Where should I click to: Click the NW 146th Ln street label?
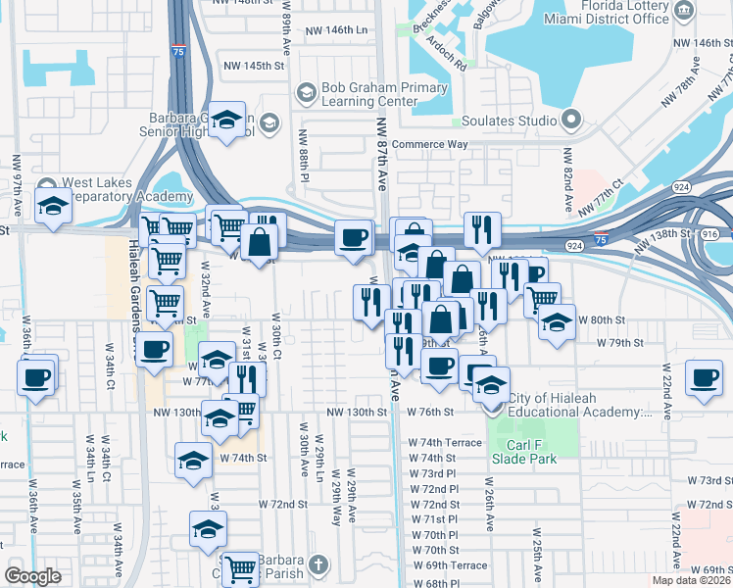[x=334, y=30]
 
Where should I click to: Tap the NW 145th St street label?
[x=253, y=66]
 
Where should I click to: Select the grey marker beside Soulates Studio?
[x=571, y=121]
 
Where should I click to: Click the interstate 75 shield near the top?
[x=177, y=49]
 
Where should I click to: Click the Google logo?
[x=32, y=576]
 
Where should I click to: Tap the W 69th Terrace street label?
[x=450, y=565]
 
